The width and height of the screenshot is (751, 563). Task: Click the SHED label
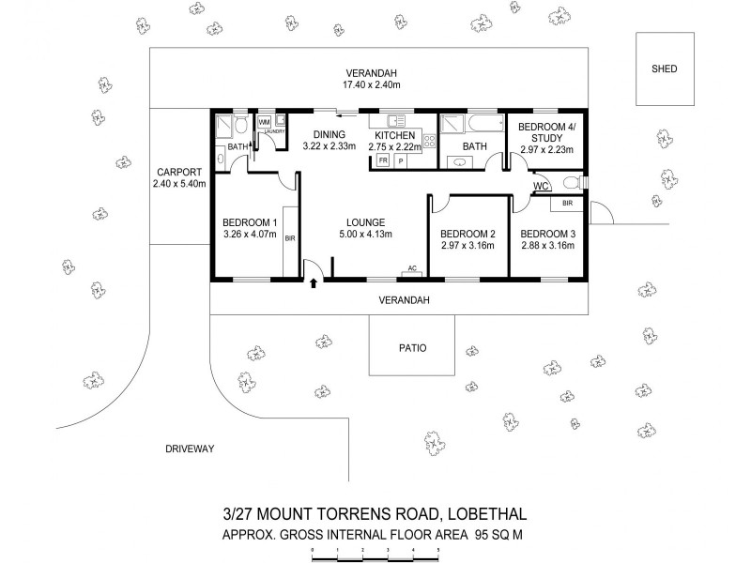click(x=665, y=69)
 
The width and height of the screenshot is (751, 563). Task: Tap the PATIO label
click(x=411, y=347)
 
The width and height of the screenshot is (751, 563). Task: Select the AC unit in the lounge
click(x=410, y=270)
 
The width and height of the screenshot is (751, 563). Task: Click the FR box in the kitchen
click(x=383, y=160)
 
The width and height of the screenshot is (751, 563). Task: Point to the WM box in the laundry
click(x=264, y=122)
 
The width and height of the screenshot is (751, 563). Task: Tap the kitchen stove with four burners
click(x=429, y=141)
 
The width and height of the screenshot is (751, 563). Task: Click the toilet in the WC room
click(x=570, y=183)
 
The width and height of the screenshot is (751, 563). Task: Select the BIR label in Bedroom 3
click(x=568, y=203)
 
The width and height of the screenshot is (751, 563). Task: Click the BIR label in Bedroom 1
click(x=290, y=238)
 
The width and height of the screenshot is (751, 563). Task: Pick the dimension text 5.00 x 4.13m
click(x=365, y=234)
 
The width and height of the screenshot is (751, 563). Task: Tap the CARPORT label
click(x=178, y=172)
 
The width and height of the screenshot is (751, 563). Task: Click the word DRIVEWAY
click(x=190, y=449)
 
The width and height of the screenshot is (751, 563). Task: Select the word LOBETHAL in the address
click(x=479, y=513)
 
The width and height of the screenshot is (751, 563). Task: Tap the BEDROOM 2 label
click(x=467, y=234)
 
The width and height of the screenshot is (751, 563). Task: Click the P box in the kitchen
click(x=401, y=160)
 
